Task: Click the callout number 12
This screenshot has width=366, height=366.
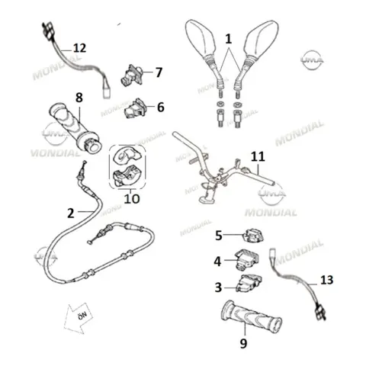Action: pyautogui.click(x=79, y=48)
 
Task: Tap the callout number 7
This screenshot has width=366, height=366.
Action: pyautogui.click(x=159, y=72)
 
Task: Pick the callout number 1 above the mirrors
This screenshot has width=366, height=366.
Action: pyautogui.click(x=229, y=39)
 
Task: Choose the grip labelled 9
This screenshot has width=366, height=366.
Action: pyautogui.click(x=252, y=318)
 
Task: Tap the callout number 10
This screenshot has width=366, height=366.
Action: pyautogui.click(x=132, y=199)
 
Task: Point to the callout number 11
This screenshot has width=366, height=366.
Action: pyautogui.click(x=258, y=156)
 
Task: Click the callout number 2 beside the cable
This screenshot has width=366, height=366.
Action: pyautogui.click(x=71, y=213)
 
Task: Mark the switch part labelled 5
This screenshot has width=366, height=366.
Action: pyautogui.click(x=254, y=235)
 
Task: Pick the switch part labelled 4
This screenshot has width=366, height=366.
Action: pyautogui.click(x=247, y=259)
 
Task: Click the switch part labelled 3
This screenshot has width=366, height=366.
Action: pyautogui.click(x=249, y=284)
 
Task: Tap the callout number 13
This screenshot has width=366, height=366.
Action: pyautogui.click(x=326, y=280)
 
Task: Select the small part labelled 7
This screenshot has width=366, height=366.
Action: pyautogui.click(x=132, y=75)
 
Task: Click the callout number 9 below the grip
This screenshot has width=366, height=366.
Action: pyautogui.click(x=243, y=344)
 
